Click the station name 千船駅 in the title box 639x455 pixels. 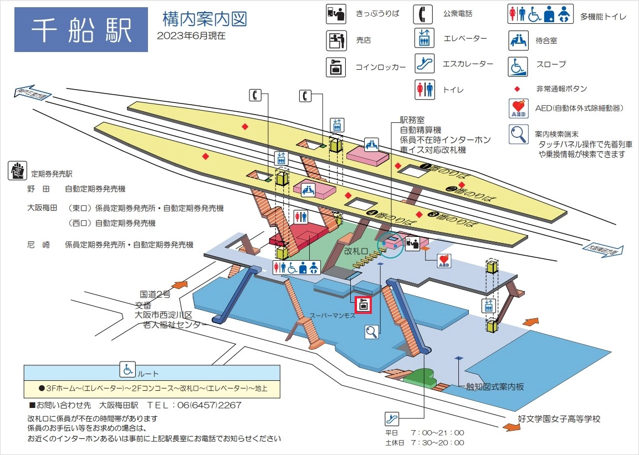[81, 30]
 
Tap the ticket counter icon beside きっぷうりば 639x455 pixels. [336, 14]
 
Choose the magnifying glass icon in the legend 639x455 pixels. [518, 135]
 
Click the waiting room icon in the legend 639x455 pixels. [518, 40]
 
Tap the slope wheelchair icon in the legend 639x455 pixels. [518, 65]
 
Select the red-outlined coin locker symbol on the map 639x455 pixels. [364, 304]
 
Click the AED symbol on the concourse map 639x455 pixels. [444, 261]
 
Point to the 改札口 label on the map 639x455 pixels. [356, 251]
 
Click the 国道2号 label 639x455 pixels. [155, 294]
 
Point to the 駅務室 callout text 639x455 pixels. [412, 120]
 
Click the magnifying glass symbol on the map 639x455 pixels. [372, 332]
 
